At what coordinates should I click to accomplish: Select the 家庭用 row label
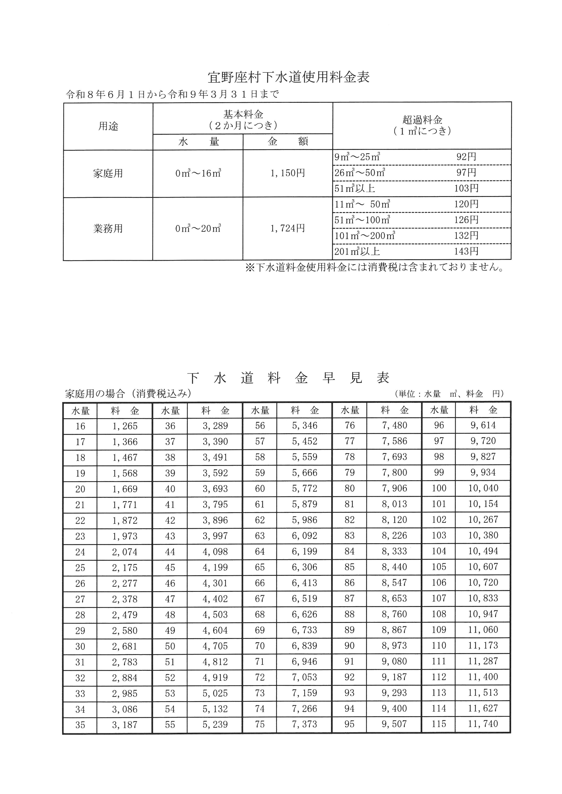pos(108,173)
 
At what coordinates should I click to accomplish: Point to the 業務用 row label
pos(108,229)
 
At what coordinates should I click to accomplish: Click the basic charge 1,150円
pos(288,173)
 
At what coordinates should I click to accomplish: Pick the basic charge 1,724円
pos(288,228)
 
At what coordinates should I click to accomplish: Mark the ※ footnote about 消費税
pos(374,267)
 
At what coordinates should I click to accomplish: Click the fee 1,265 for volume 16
pos(125,426)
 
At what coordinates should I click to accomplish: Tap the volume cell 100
pos(439,488)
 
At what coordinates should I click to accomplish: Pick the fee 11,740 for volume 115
pos(483,724)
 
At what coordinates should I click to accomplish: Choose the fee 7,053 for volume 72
pos(305,677)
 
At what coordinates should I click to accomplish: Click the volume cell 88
pos(349,614)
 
